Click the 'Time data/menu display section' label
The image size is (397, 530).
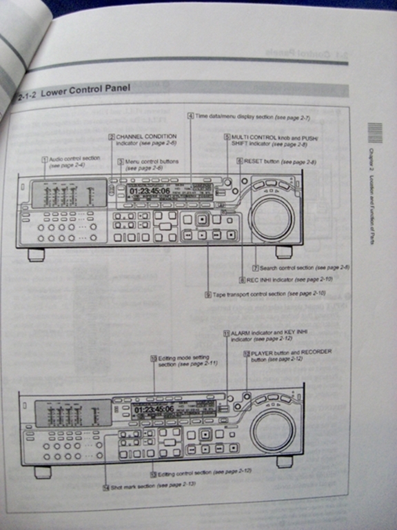pos(234,117)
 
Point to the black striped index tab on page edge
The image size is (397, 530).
pos(374,132)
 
